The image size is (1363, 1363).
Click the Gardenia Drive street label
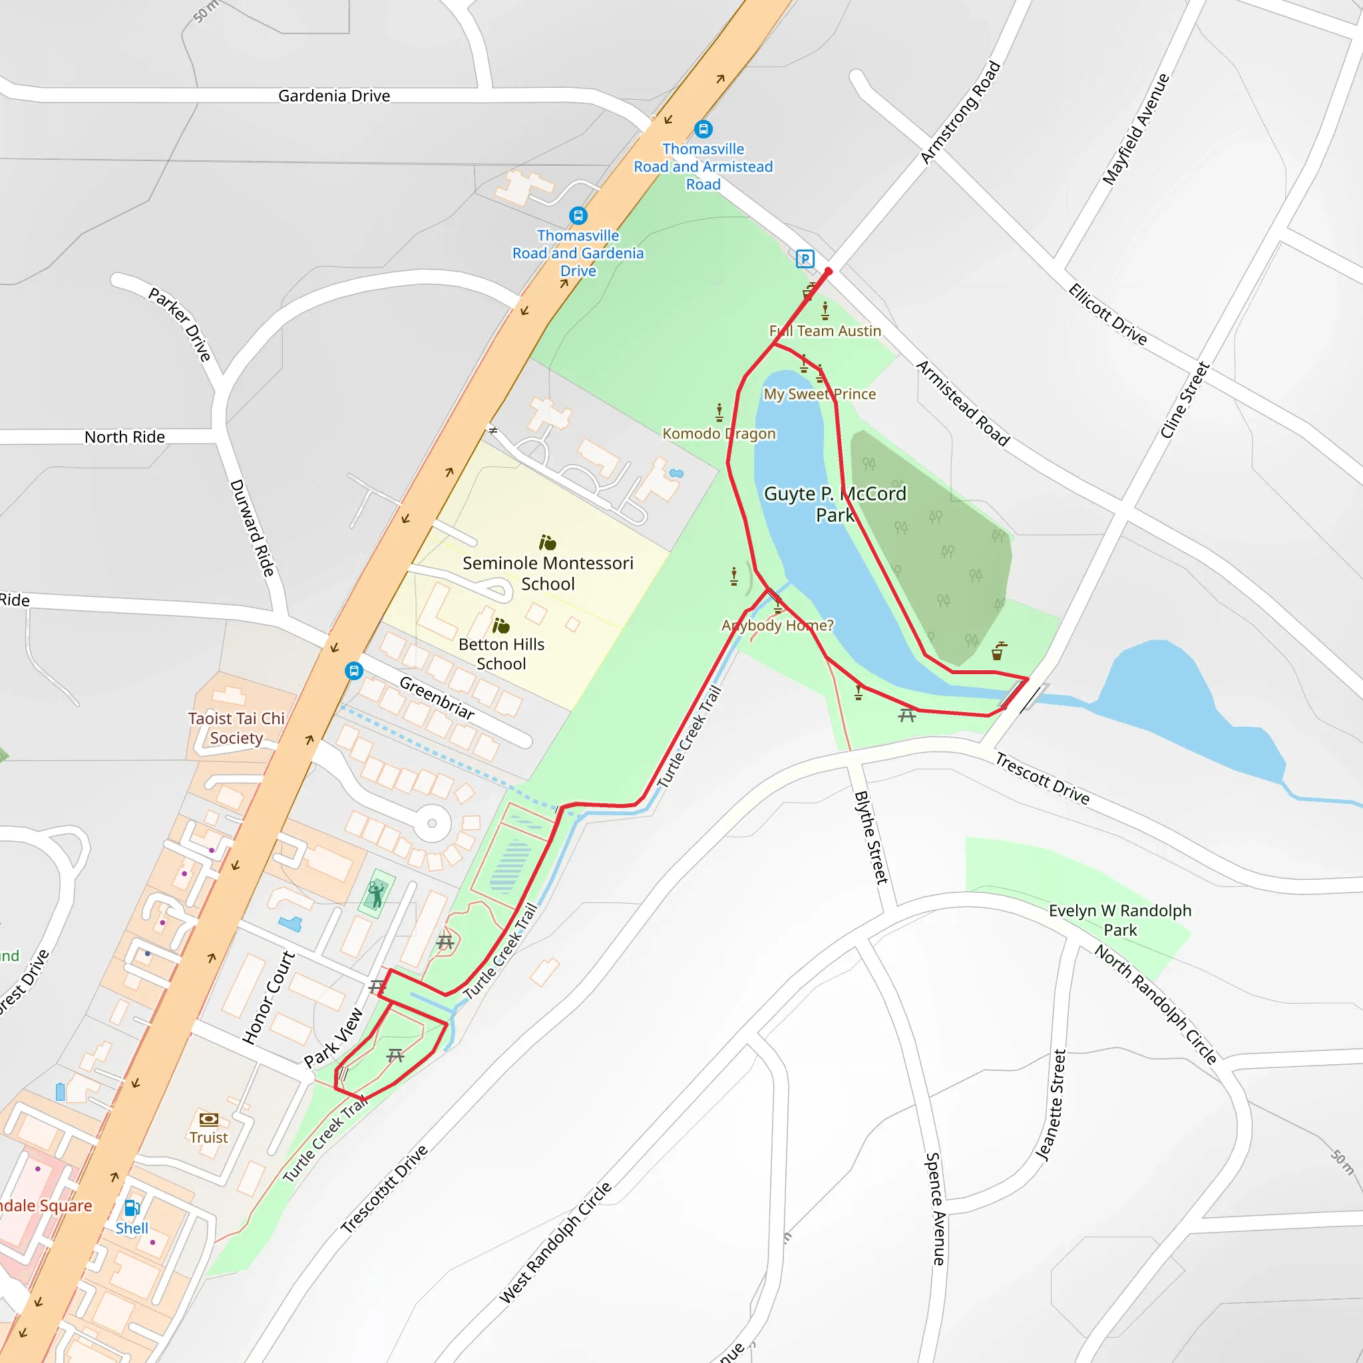(x=333, y=96)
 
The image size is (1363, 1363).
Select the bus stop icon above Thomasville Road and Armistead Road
(x=703, y=129)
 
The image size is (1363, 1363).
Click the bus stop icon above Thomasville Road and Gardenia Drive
(x=578, y=215)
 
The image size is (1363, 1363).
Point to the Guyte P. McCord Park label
(x=835, y=504)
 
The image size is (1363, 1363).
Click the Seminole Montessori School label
(x=548, y=573)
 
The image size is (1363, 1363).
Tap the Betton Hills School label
(x=501, y=654)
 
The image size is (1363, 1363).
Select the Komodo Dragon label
(x=718, y=433)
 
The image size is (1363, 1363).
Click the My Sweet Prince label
(x=819, y=394)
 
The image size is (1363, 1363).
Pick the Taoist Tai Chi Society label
(x=236, y=728)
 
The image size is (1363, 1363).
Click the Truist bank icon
(x=208, y=1119)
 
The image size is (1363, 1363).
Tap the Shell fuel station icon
(x=132, y=1209)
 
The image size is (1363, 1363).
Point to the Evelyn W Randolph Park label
(x=1119, y=920)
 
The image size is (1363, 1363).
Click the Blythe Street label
(x=871, y=837)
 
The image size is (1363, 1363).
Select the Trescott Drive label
(x=1042, y=778)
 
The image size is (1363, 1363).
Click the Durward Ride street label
(x=252, y=528)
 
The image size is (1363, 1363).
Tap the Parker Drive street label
(x=180, y=324)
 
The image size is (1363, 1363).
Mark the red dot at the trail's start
(x=828, y=272)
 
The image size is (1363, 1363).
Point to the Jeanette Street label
(x=1050, y=1105)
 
